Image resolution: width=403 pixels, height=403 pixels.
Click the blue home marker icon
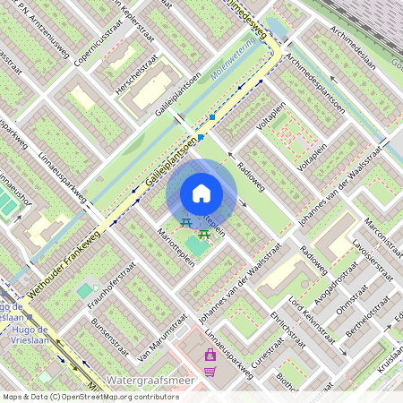click(201, 193)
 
